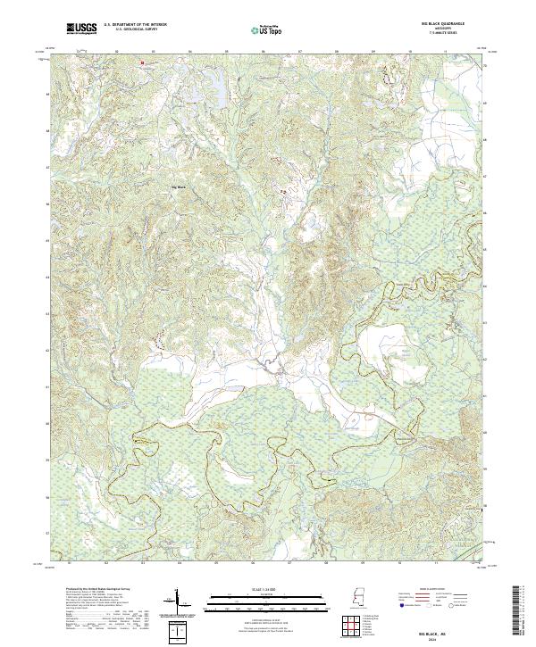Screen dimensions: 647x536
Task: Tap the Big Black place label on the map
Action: point(179,187)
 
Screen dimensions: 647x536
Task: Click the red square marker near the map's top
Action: point(141,62)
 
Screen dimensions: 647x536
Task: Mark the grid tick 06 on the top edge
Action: point(264,52)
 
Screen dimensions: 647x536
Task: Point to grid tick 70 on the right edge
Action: point(485,65)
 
